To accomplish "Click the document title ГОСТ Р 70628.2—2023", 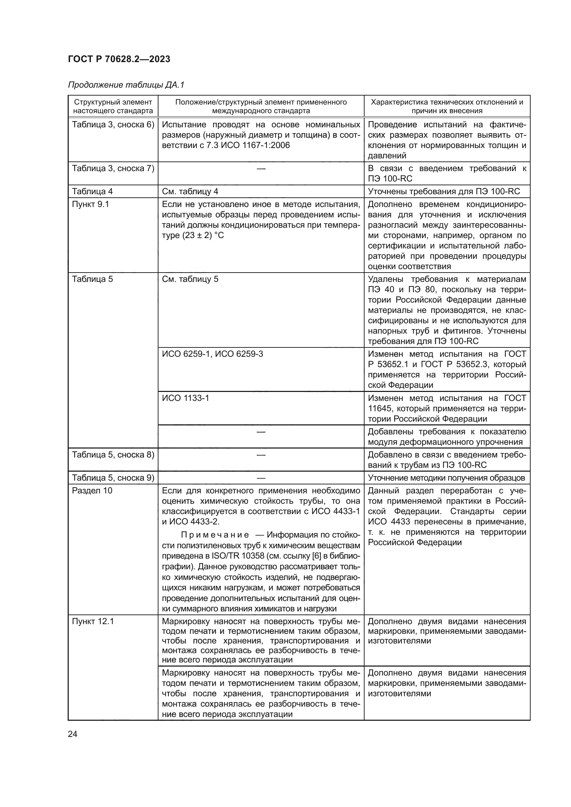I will pos(119,59).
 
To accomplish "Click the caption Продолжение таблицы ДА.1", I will pos(126,85).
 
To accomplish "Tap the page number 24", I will pos(72,734).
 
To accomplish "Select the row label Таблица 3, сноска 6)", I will pos(113,125).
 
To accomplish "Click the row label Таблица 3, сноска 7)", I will pos(113,168).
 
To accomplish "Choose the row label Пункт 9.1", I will pos(90,204).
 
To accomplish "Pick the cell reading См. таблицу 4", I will pos(190,191).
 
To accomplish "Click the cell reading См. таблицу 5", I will pos(190,279).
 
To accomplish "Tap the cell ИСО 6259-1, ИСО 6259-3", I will pos(212,354).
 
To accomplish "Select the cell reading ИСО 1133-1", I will pos(185,398).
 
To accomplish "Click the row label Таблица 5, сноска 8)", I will pos(113,455).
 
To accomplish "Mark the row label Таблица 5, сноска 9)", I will pos(113,478).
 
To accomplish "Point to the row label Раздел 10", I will pos(92,491).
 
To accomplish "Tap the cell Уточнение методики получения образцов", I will pos(446,478).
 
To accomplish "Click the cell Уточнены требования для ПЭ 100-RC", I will pos(444,191).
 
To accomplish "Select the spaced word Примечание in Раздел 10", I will pos(215,535).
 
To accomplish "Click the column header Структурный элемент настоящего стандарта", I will pos(113,106).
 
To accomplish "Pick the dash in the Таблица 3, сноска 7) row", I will pos(261,169).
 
